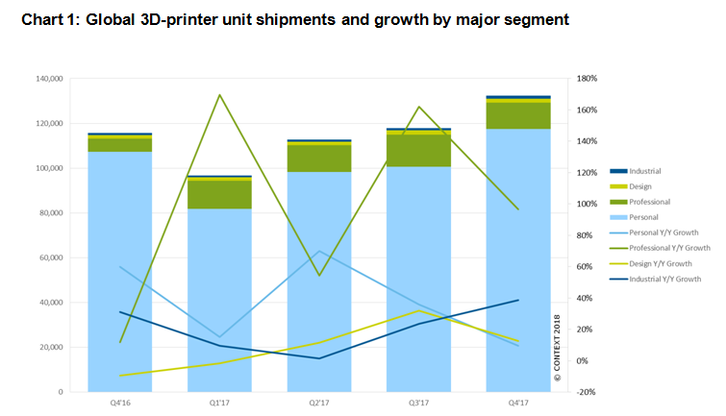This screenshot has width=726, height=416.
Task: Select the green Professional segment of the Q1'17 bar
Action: pos(219,194)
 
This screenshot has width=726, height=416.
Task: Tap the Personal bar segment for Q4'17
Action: pos(518,259)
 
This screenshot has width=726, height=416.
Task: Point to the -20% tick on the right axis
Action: pos(587,392)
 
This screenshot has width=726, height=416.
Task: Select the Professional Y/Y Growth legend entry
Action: pos(669,247)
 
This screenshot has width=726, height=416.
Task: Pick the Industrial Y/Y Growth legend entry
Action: pos(665,278)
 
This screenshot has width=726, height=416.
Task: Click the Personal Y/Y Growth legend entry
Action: pos(664,232)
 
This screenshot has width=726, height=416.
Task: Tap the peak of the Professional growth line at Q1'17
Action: pos(219,94)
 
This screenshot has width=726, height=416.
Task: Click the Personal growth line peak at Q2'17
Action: pos(319,251)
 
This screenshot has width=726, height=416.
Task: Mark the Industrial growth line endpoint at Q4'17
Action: pos(518,300)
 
